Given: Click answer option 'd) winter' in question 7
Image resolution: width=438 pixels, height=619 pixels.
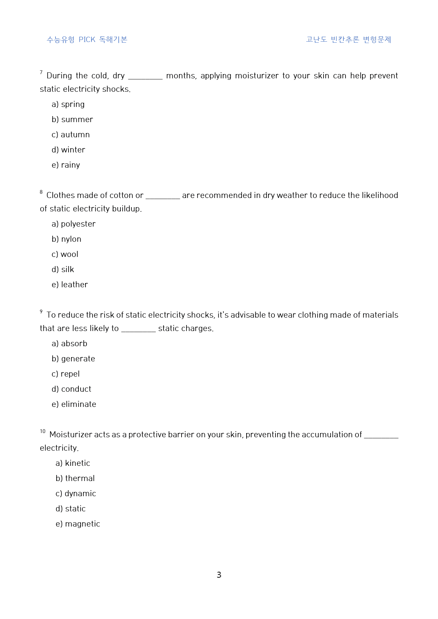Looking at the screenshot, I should pos(69,150).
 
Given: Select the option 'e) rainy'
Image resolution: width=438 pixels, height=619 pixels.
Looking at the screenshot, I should pos(66,165).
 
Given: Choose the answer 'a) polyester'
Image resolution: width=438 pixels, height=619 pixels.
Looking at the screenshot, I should pos(74,224).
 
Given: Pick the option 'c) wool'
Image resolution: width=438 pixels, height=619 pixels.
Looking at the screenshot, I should pos(65,254).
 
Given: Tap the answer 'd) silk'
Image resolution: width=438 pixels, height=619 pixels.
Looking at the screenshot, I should pos(63,270).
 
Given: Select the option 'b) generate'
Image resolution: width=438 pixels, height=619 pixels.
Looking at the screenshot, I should pos(73,359).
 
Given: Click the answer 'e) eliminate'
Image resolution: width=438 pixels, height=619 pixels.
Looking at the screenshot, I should pos(74,404).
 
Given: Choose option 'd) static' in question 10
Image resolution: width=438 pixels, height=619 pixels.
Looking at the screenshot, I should pos(71,509).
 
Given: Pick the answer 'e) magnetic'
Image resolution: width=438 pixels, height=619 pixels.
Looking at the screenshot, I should pos(78,524).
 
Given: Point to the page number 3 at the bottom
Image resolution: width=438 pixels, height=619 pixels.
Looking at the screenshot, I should pos(219,575).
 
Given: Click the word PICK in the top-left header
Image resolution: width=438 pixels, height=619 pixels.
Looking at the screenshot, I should pos(87,40).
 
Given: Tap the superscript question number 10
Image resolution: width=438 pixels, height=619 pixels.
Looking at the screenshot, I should pos(43,431).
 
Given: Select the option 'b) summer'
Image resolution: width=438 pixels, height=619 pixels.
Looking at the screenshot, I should pos(72,120).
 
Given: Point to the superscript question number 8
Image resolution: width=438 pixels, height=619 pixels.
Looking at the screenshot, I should pos(41,192).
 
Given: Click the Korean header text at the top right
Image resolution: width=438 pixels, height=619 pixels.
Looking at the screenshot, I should pos(348,40).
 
